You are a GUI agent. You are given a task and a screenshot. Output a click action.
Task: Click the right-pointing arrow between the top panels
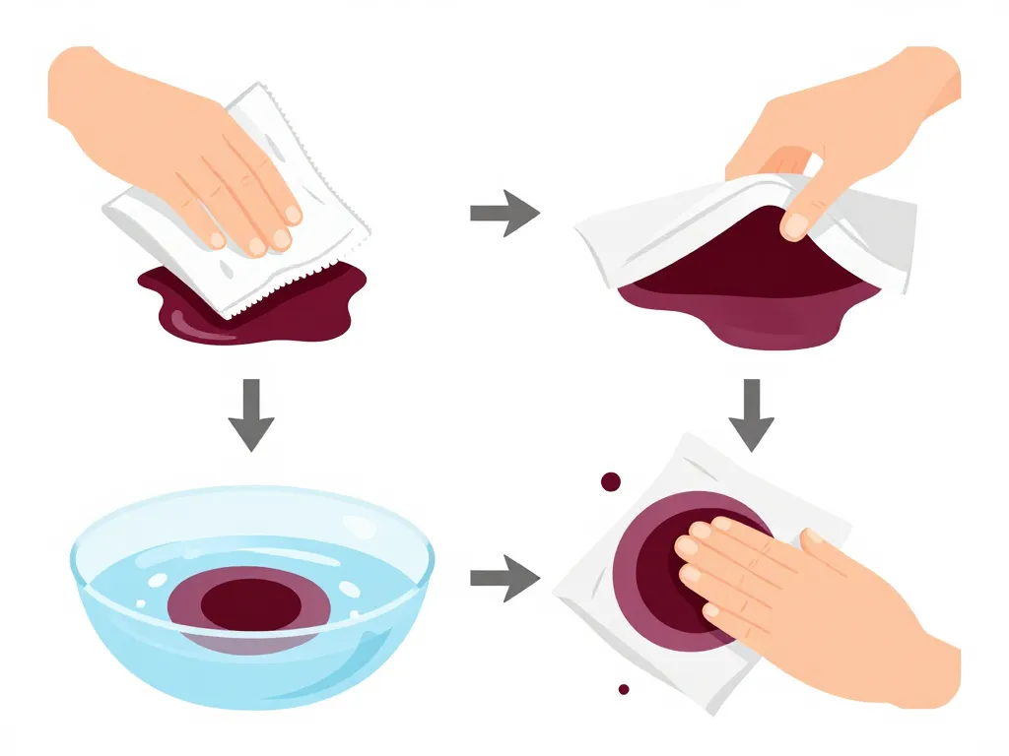(x=504, y=214)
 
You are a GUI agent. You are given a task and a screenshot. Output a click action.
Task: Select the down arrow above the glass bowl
(x=250, y=413)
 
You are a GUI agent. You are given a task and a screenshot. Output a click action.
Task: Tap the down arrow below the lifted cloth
(x=752, y=413)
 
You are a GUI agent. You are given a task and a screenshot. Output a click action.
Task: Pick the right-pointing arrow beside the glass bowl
(x=504, y=577)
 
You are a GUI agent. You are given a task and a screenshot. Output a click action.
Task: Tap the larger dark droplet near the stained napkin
(x=611, y=481)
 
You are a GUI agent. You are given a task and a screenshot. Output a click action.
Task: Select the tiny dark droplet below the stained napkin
(x=623, y=689)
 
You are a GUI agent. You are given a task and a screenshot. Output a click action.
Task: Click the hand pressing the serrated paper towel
(x=197, y=148)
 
